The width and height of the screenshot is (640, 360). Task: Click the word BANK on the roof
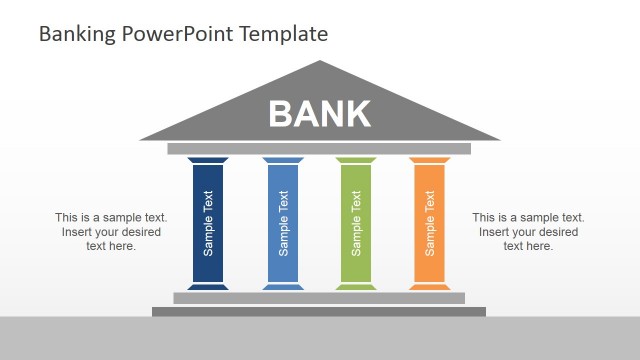coord(319,114)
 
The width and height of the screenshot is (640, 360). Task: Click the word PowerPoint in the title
coord(180,34)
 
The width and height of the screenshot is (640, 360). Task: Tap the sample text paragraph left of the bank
coord(111,231)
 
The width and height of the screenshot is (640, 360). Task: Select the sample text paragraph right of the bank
coord(528,231)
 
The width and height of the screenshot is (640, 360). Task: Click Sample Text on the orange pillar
coord(430,223)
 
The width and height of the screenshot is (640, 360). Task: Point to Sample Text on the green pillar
coord(356,223)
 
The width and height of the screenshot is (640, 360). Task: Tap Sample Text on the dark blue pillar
coord(208,223)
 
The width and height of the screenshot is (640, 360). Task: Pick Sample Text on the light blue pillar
coord(283,223)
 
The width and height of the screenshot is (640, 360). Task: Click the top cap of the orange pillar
coord(429,160)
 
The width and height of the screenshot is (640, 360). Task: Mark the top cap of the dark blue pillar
coord(207,160)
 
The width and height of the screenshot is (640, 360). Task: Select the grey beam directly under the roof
coord(319,149)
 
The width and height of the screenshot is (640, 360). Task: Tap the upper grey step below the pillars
coord(319,297)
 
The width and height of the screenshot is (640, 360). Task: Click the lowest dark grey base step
coord(319,311)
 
